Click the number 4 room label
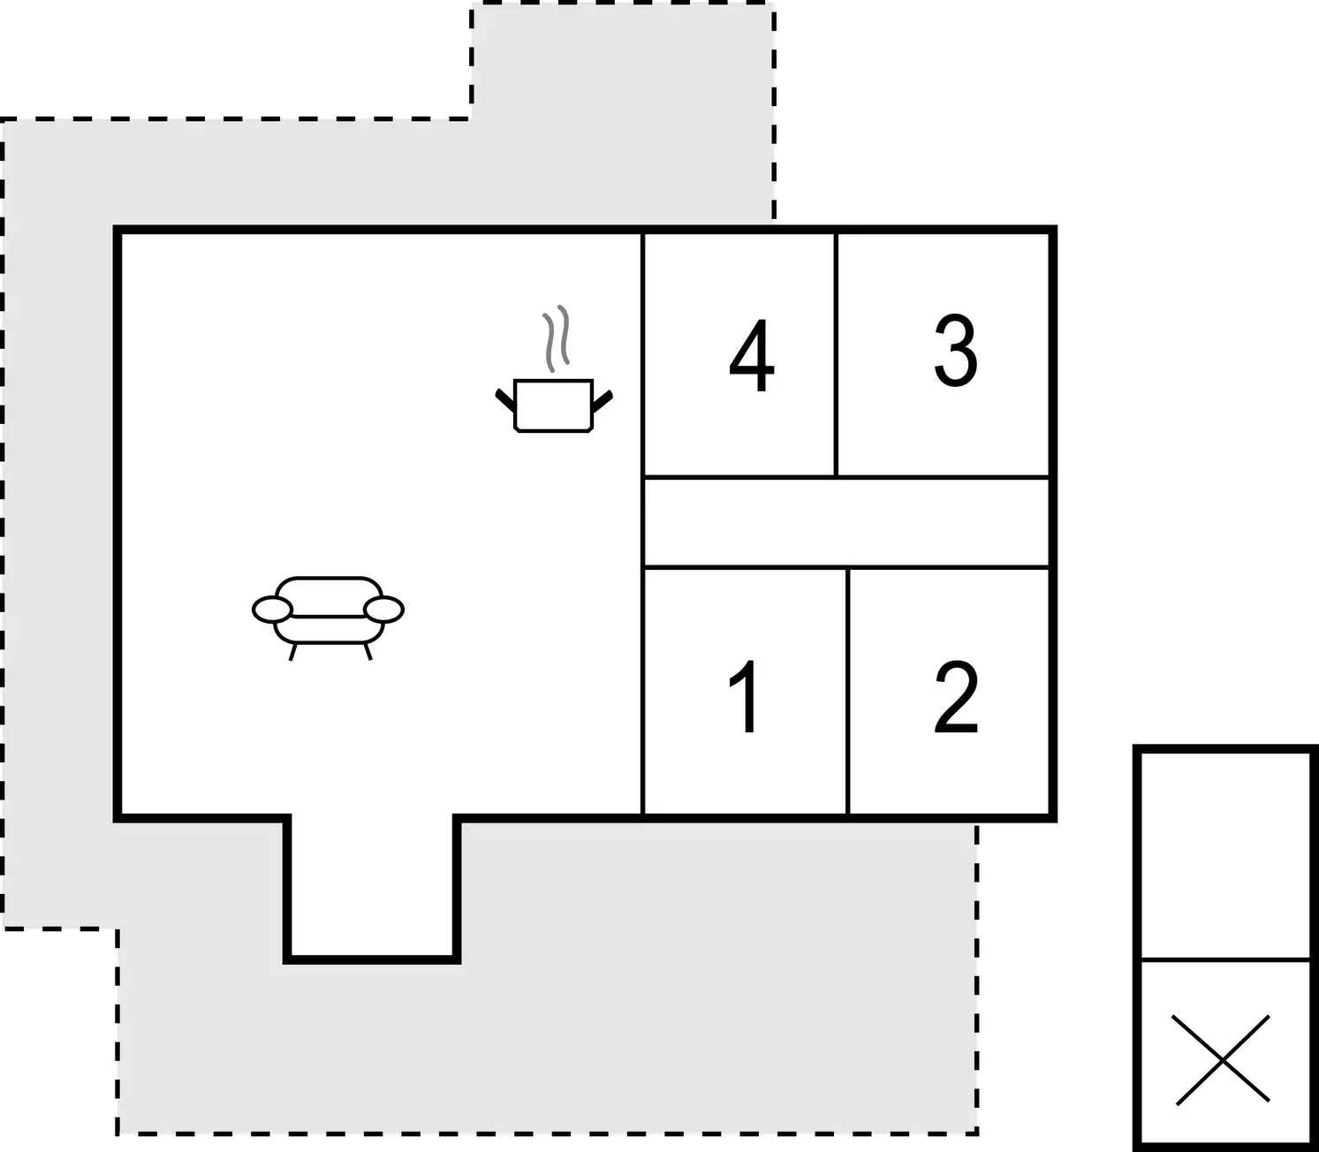752,354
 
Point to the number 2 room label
956,696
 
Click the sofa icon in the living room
328,618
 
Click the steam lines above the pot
557,338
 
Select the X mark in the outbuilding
1223,1060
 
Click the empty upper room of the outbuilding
1225,857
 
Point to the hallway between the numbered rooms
846,522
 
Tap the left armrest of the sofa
273,610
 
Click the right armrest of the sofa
383,610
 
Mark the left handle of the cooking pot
504,399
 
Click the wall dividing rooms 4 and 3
836,355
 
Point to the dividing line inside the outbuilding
1225,960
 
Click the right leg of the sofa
368,652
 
